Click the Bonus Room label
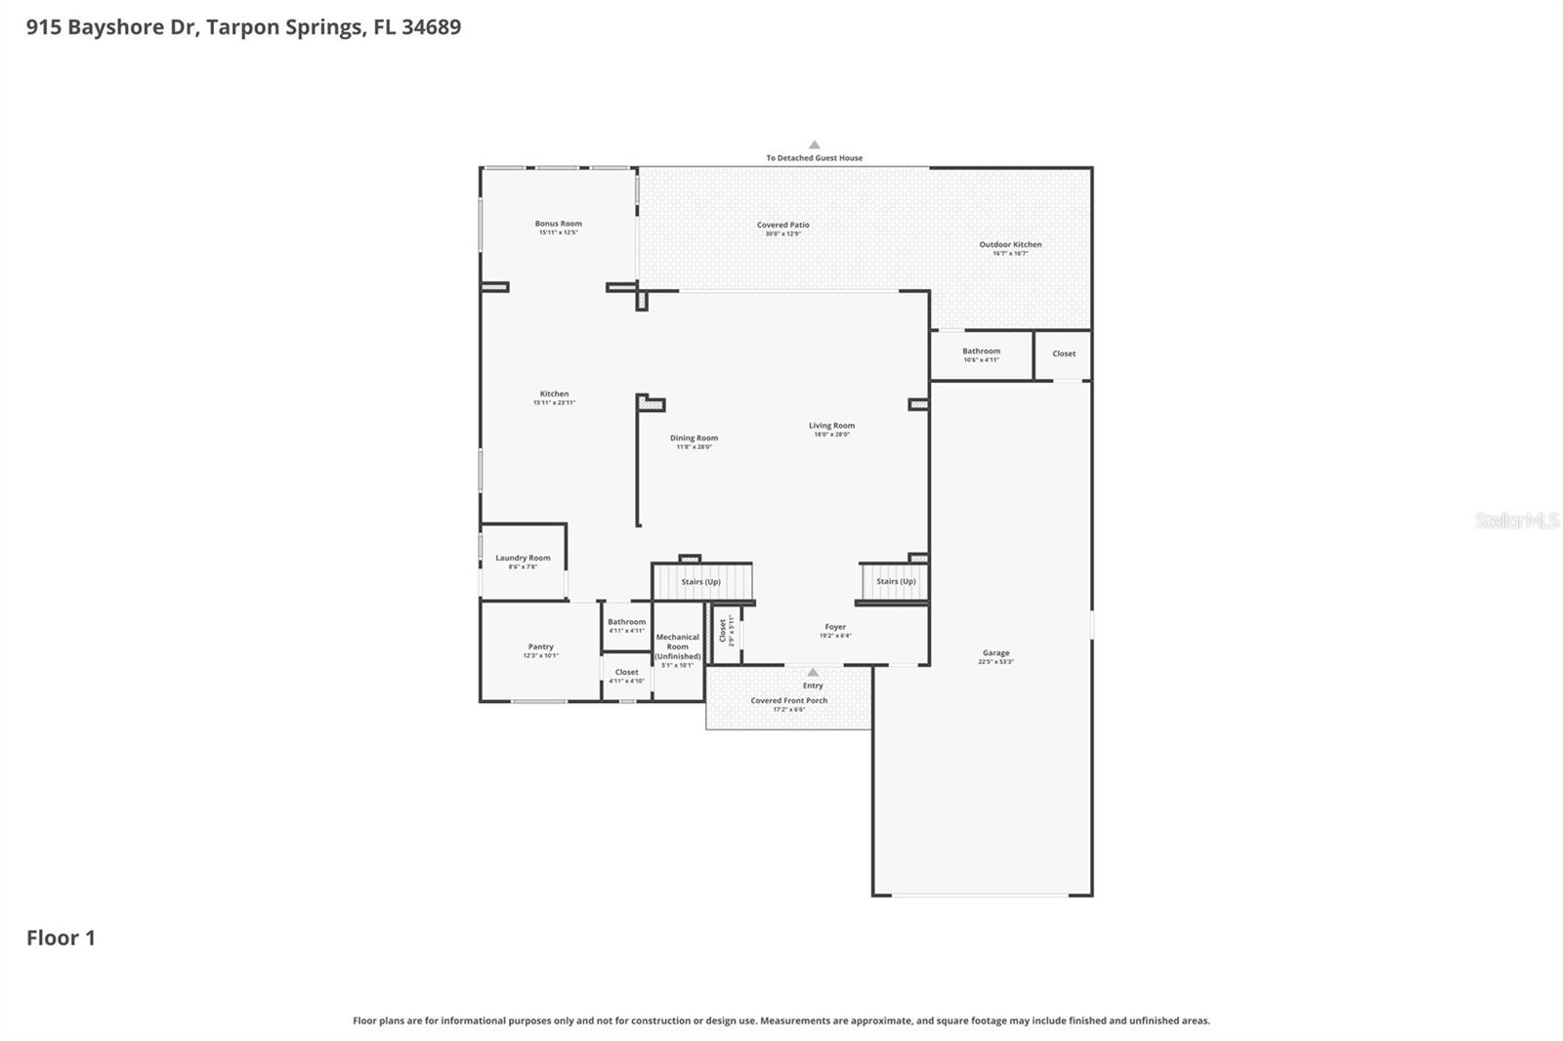tap(558, 224)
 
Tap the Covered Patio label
tap(782, 226)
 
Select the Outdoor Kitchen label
tap(1010, 245)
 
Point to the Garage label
tap(995, 653)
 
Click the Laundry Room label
tap(523, 559)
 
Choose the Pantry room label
tap(540, 647)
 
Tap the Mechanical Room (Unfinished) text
tap(677, 646)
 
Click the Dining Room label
tap(694, 438)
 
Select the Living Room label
tap(831, 426)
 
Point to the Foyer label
tap(834, 628)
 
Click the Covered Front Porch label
tap(788, 701)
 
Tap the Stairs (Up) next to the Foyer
tap(895, 582)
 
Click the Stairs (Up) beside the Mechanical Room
tap(700, 582)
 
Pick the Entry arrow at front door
tap(813, 673)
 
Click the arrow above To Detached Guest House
tap(814, 145)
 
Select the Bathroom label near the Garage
tap(981, 352)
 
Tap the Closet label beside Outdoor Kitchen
tap(1064, 354)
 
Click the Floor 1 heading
tap(61, 938)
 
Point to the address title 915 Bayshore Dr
tap(243, 27)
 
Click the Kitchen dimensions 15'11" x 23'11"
tap(554, 403)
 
